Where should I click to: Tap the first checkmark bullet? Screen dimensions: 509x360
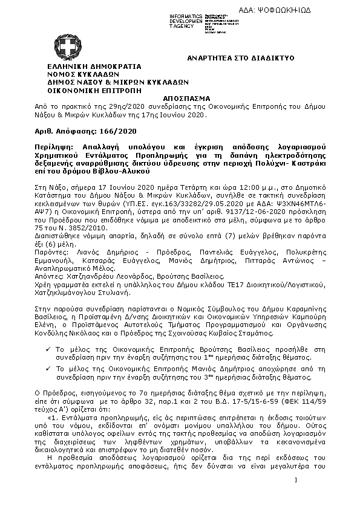click(x=49, y=349)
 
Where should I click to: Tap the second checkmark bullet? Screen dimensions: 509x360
click(x=49, y=367)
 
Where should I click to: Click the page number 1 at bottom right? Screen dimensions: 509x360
click(x=297, y=480)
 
